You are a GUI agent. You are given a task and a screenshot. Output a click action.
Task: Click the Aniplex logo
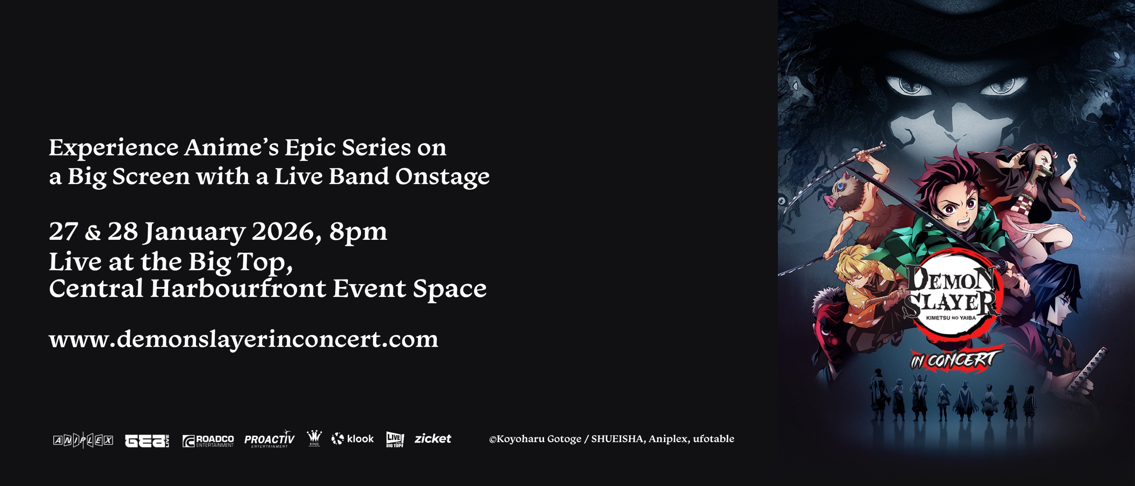[83, 440]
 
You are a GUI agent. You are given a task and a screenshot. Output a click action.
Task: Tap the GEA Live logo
[147, 441]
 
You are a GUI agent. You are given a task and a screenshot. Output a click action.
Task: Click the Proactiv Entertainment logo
[269, 439]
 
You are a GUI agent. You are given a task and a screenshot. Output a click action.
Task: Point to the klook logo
[353, 439]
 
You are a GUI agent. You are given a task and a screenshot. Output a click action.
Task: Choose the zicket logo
[433, 439]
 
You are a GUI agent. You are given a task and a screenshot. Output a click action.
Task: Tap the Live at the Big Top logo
[395, 439]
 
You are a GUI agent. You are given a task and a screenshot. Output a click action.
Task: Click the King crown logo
[314, 438]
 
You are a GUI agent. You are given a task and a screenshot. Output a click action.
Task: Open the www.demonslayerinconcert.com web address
[244, 339]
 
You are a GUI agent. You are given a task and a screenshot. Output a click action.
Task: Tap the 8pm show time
[358, 232]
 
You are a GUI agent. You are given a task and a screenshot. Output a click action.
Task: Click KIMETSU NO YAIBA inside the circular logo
[951, 317]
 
